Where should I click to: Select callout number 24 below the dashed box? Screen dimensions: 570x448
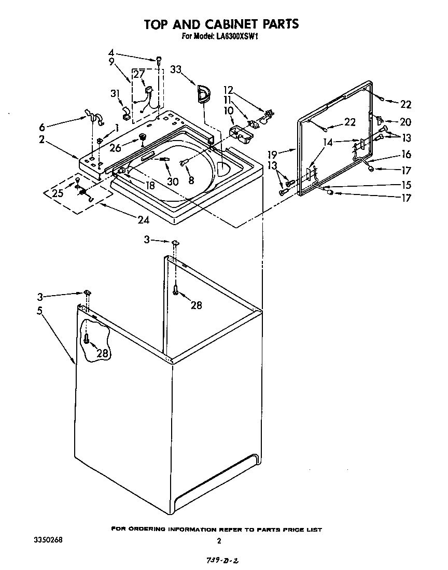pos(143,220)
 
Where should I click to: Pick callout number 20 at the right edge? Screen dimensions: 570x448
pos(405,122)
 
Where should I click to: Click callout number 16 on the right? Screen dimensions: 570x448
pos(405,154)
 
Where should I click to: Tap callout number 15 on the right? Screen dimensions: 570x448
pos(405,185)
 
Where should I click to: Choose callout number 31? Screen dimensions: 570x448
pos(115,93)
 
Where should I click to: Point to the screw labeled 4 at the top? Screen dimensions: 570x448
pos(159,61)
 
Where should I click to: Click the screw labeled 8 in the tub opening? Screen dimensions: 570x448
pos(183,163)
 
